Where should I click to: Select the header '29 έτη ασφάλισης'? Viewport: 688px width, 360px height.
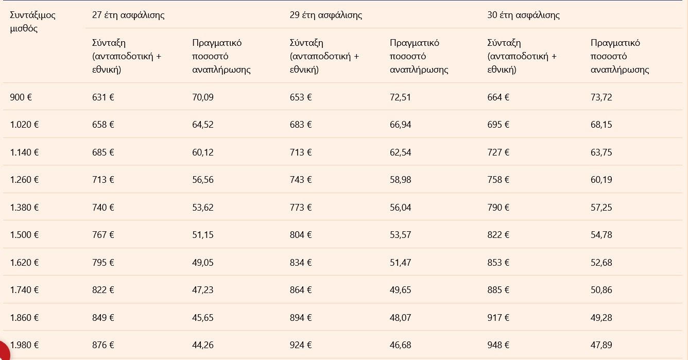pos(325,15)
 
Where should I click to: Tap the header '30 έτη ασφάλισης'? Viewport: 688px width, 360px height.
pos(523,15)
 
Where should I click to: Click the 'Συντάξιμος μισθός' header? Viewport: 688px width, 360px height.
pos(32,22)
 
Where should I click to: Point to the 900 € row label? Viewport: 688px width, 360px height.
pos(21,97)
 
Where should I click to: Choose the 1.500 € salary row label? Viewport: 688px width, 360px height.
pos(24,235)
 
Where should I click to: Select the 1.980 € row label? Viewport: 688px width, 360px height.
pos(24,345)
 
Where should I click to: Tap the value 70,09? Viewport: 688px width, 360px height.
pos(202,97)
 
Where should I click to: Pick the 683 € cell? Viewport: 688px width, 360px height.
pos(301,125)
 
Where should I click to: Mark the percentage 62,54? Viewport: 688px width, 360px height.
pos(400,152)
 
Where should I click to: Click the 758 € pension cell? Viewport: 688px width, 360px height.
pos(498,180)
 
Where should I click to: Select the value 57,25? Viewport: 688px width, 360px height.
pos(601,208)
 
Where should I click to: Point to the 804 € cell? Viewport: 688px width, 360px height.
pos(301,235)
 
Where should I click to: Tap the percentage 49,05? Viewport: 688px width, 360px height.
pos(202,263)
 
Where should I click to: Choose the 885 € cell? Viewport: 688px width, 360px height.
pos(498,290)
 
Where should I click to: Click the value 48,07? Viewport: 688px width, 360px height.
pos(400,318)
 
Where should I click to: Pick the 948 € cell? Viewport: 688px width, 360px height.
pos(498,345)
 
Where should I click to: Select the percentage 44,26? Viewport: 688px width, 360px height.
pos(202,345)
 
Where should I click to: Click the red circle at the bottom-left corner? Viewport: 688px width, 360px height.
pos(4,352)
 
